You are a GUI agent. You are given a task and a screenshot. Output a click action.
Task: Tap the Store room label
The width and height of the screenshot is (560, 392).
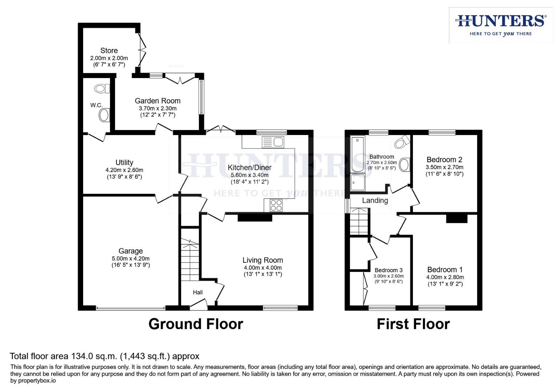click(x=109, y=50)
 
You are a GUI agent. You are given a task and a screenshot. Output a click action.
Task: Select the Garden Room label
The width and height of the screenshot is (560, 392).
click(x=158, y=101)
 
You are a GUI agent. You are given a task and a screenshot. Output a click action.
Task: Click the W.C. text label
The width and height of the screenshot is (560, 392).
click(x=96, y=105)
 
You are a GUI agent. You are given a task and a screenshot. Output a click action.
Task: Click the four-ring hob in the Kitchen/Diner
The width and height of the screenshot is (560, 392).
click(x=276, y=205)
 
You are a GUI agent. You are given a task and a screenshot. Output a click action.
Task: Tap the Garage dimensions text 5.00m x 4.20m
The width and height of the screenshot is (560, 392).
click(x=131, y=258)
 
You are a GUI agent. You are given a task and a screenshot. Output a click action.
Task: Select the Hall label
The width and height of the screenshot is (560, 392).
click(x=198, y=292)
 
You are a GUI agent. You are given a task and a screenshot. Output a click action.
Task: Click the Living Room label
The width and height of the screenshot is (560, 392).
click(x=263, y=260)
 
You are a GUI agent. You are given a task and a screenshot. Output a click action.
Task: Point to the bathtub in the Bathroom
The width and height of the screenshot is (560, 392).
click(x=357, y=154)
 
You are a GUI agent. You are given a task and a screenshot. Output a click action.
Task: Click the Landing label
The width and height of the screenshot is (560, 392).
click(x=375, y=200)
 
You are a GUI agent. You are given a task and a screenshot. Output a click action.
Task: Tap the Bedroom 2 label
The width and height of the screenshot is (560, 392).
click(x=444, y=160)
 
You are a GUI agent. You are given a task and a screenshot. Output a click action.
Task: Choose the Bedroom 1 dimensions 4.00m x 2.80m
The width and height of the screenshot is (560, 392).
click(x=445, y=277)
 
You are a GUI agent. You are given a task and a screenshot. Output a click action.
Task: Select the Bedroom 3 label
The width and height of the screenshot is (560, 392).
click(x=388, y=270)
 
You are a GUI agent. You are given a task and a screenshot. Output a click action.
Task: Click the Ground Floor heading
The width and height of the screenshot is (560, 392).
click(x=195, y=324)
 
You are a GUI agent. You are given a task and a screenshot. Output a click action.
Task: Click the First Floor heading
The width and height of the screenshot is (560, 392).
click(x=413, y=324)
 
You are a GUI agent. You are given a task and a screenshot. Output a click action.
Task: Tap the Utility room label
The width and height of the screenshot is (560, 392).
click(x=124, y=163)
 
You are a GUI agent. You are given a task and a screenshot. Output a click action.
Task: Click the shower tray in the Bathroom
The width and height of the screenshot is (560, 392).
click(x=358, y=182)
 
